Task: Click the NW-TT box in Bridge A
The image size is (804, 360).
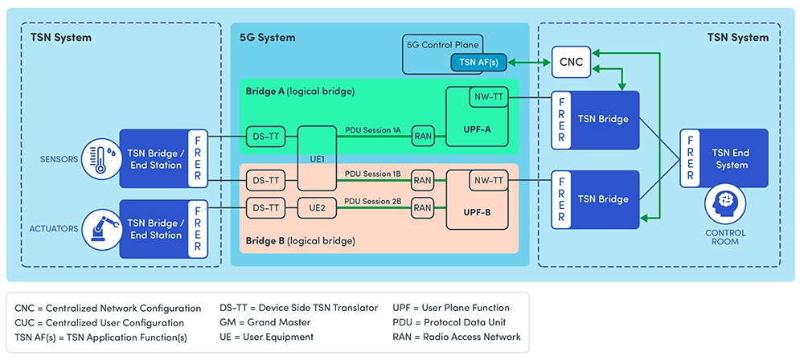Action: (488, 98)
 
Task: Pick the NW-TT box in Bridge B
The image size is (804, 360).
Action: (488, 181)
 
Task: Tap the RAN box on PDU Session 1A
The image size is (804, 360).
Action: (424, 137)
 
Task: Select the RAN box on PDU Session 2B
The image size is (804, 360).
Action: (422, 207)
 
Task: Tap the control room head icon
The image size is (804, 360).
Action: (727, 205)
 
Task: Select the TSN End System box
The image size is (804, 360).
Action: (731, 159)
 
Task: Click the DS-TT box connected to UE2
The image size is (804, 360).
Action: (265, 207)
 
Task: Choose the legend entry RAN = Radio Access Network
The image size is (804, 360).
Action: (456, 337)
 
